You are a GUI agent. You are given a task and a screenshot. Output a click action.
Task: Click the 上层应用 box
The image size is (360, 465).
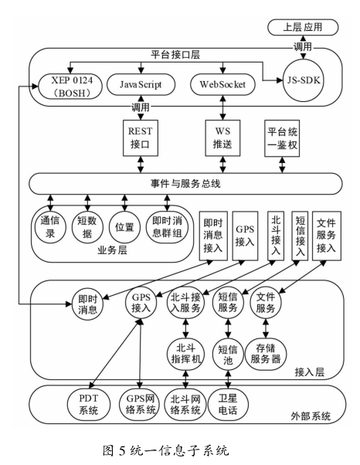click(303, 27)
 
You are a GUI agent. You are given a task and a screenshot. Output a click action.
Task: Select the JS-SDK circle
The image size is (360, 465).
click(304, 80)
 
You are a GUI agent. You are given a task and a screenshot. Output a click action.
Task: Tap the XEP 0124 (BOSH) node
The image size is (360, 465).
click(71, 87)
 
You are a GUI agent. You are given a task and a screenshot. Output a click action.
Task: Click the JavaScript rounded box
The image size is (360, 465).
click(141, 84)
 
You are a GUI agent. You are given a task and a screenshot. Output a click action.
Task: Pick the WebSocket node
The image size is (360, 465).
click(222, 84)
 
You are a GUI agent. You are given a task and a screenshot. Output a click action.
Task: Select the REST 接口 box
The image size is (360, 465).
click(141, 138)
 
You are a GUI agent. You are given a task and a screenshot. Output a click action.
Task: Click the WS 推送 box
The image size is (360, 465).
click(222, 138)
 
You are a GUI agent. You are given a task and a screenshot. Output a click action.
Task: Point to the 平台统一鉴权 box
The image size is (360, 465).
click(282, 138)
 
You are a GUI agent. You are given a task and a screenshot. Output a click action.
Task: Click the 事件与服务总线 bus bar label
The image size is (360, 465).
click(185, 184)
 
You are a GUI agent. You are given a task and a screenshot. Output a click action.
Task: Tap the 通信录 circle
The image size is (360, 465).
click(50, 227)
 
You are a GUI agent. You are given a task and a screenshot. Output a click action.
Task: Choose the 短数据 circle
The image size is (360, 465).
click(87, 227)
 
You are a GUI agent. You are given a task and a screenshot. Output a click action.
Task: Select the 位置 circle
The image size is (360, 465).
click(124, 227)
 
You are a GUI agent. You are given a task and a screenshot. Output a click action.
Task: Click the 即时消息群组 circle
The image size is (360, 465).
click(167, 227)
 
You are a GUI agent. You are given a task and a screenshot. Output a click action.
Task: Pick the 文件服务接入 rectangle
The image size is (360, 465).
click(327, 236)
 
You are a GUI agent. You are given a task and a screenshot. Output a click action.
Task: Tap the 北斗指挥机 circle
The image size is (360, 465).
click(186, 354)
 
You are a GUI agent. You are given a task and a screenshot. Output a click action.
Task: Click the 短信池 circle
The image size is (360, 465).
click(228, 354)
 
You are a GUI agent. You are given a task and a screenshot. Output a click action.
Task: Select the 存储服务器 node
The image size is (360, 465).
click(266, 354)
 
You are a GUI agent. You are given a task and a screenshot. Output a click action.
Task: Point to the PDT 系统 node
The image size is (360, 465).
click(88, 405)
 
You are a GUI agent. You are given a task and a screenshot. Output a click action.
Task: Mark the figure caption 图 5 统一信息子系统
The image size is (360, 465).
click(166, 450)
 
